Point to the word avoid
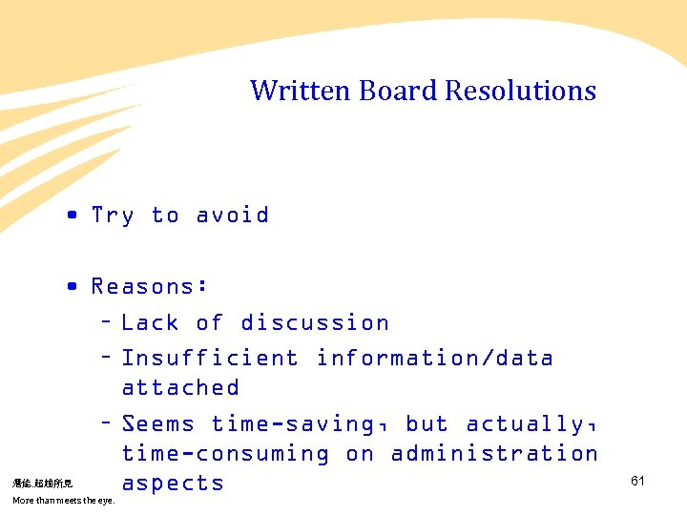pyautogui.click(x=232, y=216)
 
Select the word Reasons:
pyautogui.click(x=150, y=286)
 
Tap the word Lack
pyautogui.click(x=150, y=323)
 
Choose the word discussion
pyautogui.click(x=315, y=323)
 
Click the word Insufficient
pyautogui.click(x=210, y=359)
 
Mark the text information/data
pyautogui.click(x=435, y=359)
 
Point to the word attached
pyautogui.click(x=180, y=388)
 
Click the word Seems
pyautogui.click(x=158, y=423)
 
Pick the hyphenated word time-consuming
pyautogui.click(x=225, y=454)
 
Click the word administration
pyautogui.click(x=494, y=454)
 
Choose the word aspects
pyautogui.click(x=173, y=484)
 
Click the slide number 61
pyautogui.click(x=637, y=481)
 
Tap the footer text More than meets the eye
pyautogui.click(x=64, y=500)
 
